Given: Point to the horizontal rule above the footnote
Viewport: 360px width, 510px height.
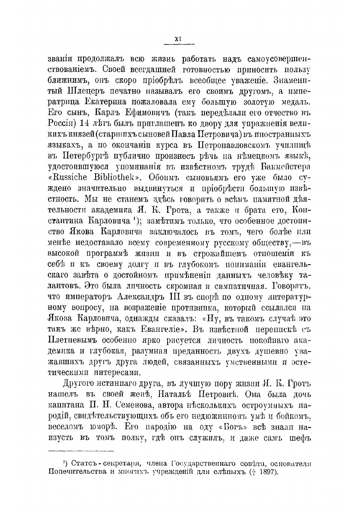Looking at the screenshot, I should click(81, 450).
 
